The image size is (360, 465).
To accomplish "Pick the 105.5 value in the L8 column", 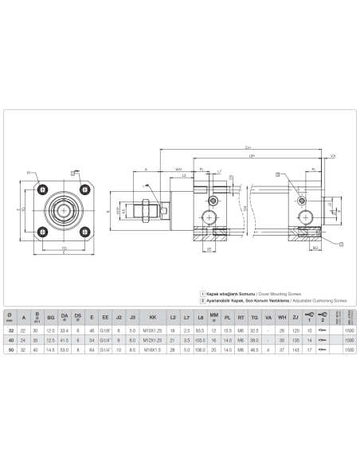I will click(x=201, y=339).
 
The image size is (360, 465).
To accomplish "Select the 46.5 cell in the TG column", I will click(x=254, y=349).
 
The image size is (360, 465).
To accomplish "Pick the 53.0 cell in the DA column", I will click(x=65, y=349).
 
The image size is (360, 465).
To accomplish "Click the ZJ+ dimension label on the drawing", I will click(x=248, y=147).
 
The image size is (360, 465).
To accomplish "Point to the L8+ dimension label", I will click(x=252, y=157).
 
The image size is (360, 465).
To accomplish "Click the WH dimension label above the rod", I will click(x=179, y=169).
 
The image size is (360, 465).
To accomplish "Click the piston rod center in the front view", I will click(x=64, y=209).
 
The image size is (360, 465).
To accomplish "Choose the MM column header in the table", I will click(x=214, y=315).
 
